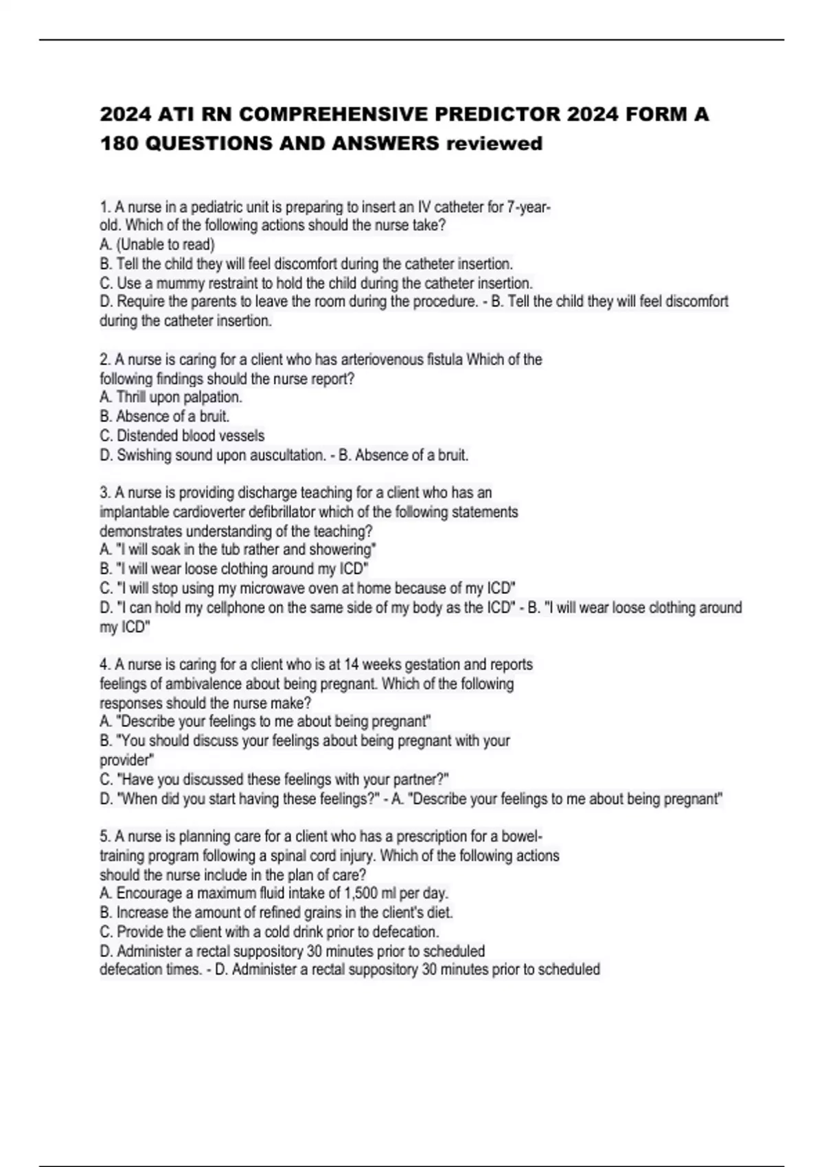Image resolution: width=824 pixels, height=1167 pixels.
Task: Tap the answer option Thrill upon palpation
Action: (x=179, y=397)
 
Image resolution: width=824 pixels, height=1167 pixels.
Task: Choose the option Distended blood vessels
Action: (x=190, y=435)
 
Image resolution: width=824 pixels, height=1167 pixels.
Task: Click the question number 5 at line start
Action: (x=104, y=837)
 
